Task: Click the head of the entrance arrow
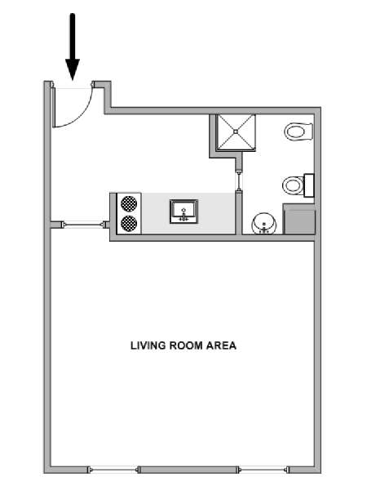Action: [73, 69]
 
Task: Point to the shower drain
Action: [236, 131]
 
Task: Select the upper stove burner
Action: [129, 203]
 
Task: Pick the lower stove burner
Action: [129, 224]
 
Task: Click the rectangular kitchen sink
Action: [183, 212]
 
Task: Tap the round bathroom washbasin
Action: [264, 223]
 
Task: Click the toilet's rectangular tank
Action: [309, 185]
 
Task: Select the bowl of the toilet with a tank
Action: [293, 185]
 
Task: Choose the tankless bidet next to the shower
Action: [298, 131]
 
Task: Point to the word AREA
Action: [221, 345]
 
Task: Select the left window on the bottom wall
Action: [113, 470]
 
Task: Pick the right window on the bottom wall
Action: [263, 470]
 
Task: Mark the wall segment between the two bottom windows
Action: [188, 470]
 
